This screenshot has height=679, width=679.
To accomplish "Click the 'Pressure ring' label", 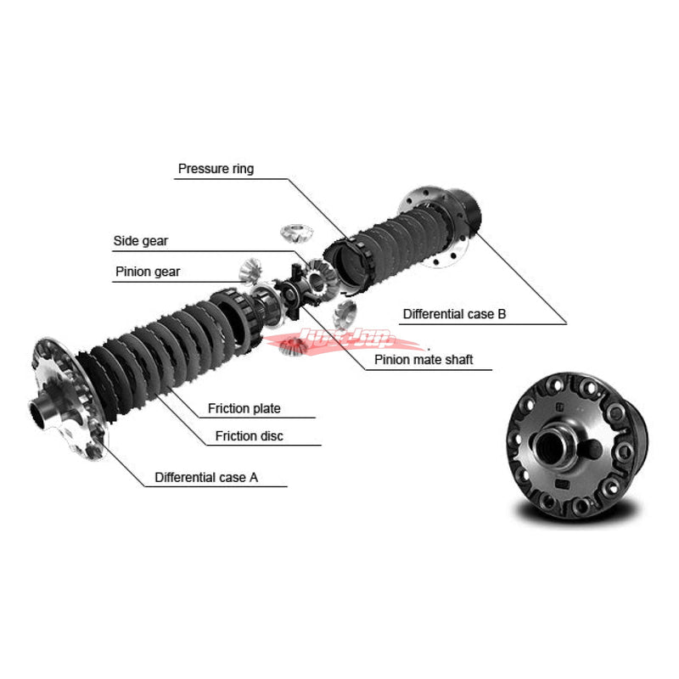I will point(216,169).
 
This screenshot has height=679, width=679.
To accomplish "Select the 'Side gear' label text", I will point(141,241).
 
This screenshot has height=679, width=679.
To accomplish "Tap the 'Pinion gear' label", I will point(148,272).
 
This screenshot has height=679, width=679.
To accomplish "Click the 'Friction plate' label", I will point(244,409).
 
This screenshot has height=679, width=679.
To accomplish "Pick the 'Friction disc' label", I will point(249,436).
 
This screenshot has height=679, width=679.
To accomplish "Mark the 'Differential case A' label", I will point(206,478).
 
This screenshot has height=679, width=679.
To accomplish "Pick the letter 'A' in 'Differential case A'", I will point(253,478).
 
